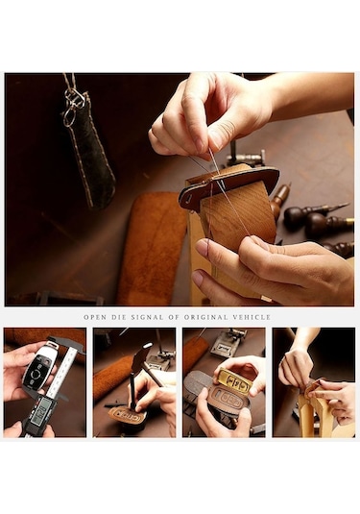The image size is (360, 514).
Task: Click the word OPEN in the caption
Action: point(95,317)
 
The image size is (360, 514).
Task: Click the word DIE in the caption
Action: point(119,317)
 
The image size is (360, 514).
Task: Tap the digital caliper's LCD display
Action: point(43,408)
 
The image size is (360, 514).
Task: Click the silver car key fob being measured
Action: point(37,369)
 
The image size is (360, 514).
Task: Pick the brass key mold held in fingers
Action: point(233,380)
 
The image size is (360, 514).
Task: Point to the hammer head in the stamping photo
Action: point(143,354)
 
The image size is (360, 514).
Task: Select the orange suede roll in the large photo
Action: point(152,249)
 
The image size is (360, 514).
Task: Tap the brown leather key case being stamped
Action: point(127,416)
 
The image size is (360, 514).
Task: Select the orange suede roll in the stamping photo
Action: point(110,378)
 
